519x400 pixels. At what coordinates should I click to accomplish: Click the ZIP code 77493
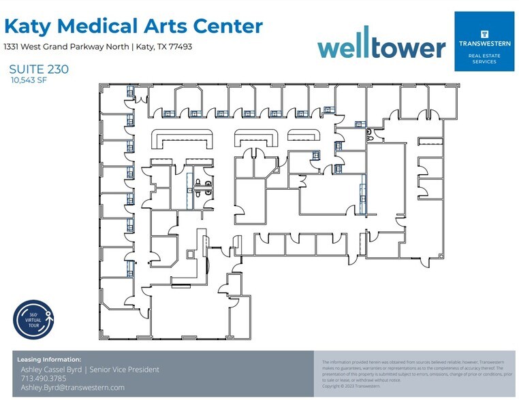click(x=178, y=47)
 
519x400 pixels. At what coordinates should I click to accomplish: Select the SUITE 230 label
click(x=39, y=69)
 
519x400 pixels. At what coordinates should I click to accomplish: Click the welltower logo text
click(x=381, y=46)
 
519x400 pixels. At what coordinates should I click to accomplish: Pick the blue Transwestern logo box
click(x=484, y=41)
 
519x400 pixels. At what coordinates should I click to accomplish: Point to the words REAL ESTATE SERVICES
click(x=484, y=58)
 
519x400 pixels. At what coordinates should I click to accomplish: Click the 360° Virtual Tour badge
click(x=33, y=319)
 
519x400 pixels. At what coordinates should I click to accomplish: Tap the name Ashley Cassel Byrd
click(x=53, y=369)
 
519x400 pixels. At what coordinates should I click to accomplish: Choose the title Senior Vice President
click(x=125, y=369)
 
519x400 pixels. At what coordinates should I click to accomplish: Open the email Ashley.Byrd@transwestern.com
click(x=72, y=387)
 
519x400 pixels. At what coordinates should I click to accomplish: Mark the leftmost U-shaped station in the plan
click(x=180, y=139)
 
